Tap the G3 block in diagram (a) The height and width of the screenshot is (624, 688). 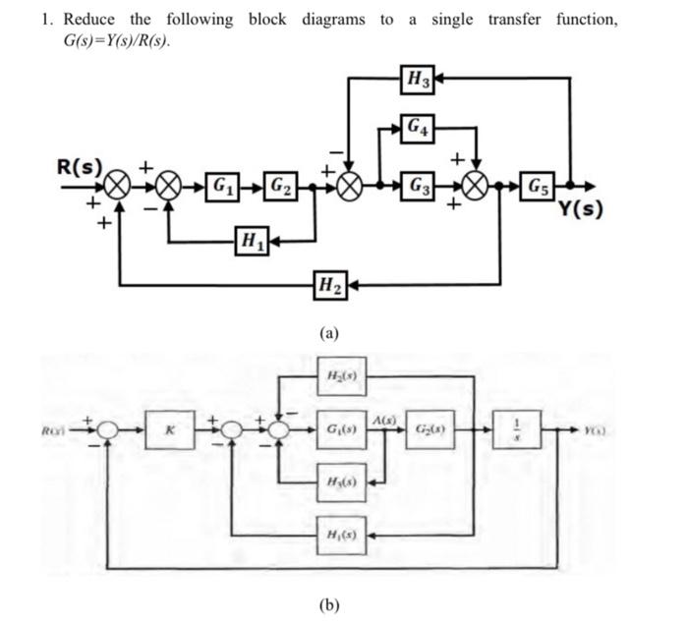click(419, 184)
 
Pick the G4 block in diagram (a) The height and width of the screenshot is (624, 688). click(420, 128)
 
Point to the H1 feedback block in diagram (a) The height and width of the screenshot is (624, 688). click(252, 239)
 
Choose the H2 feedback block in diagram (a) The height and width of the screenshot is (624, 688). click(329, 285)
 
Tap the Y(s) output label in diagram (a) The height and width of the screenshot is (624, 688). click(582, 208)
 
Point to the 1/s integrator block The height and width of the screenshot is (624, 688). click(524, 428)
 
